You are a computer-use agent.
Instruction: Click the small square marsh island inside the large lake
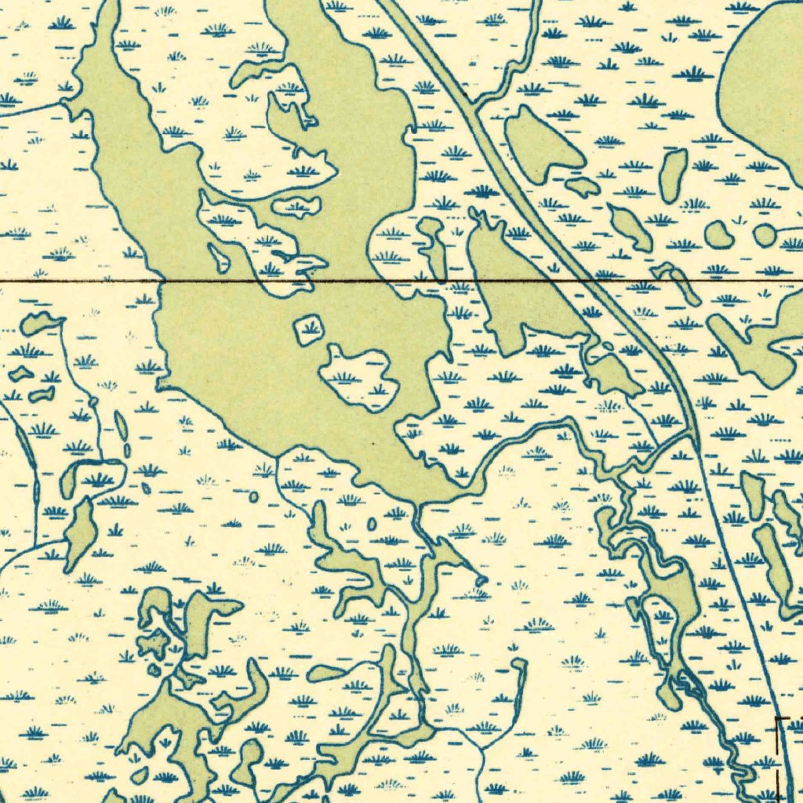coord(309,330)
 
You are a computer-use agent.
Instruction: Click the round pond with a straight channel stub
coord(765,234)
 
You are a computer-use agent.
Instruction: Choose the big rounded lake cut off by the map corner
coord(765,86)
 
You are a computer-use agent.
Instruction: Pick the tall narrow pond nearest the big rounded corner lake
coord(672,176)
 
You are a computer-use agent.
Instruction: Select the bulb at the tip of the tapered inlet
coord(481,580)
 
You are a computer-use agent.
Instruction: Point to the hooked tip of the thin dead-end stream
coord(518,664)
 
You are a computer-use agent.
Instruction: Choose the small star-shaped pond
coord(154,643)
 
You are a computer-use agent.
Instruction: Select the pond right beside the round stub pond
coord(718,234)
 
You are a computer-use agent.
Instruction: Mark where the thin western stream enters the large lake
coord(65,102)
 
